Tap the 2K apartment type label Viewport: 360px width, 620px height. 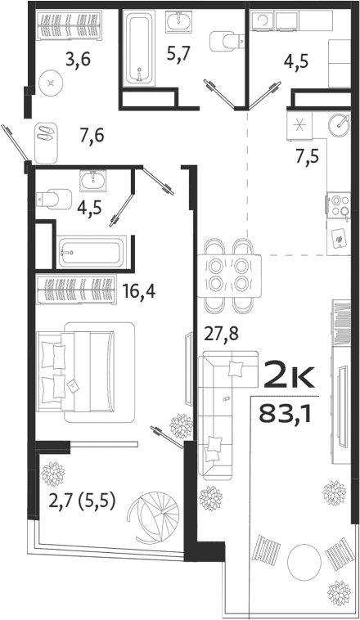[x=288, y=377]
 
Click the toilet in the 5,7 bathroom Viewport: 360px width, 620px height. [x=223, y=41]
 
